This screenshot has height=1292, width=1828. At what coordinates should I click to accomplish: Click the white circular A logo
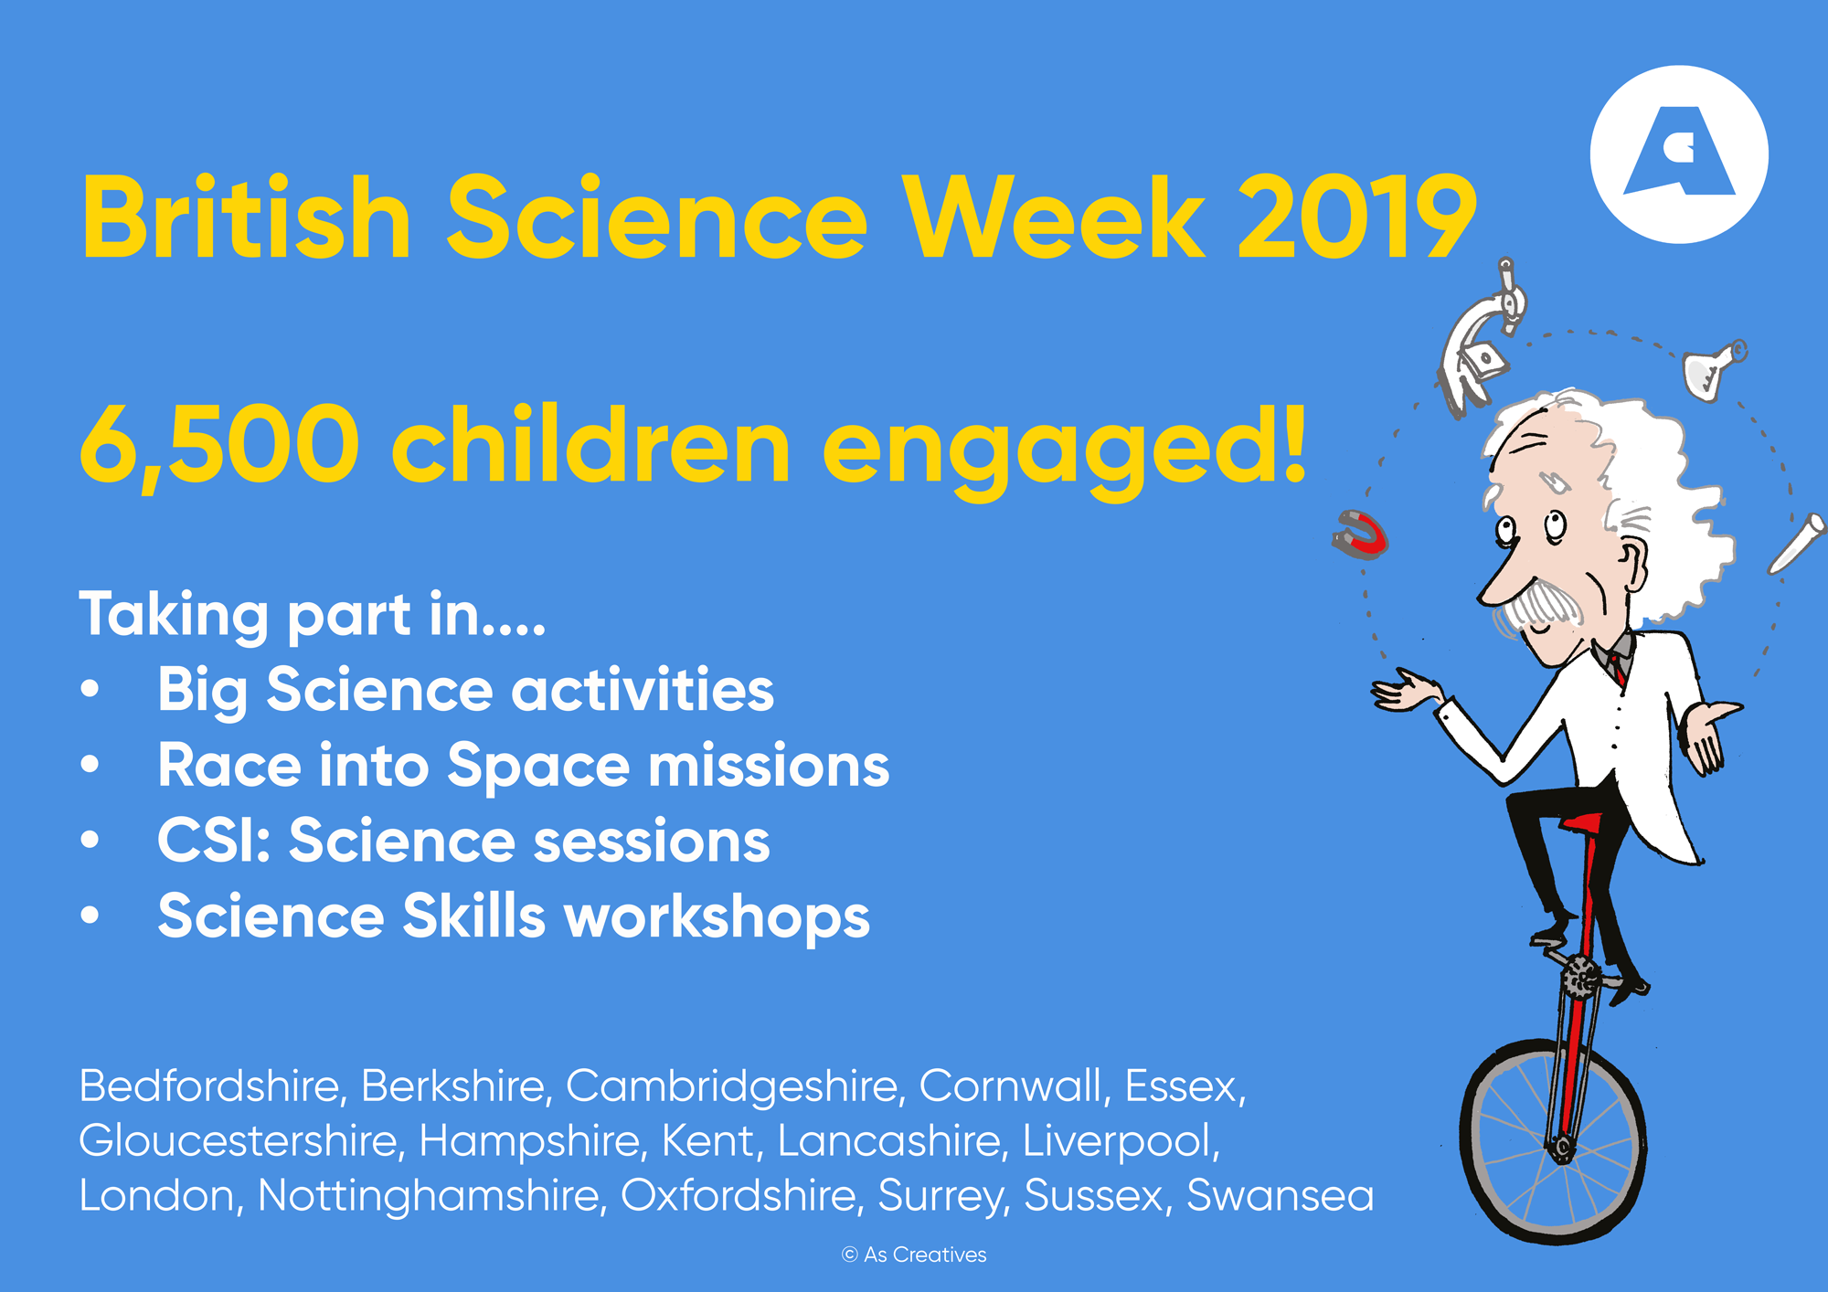tap(1679, 154)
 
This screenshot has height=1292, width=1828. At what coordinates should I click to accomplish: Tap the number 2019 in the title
tap(1356, 217)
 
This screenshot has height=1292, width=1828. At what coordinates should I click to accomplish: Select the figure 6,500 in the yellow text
tap(219, 446)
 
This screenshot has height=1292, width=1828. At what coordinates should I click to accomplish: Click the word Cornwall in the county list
tap(1015, 1086)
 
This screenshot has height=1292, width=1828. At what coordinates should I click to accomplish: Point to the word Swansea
tap(1280, 1196)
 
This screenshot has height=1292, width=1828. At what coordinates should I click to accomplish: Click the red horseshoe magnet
tap(1360, 535)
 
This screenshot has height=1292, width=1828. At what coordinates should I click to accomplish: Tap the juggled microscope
tap(1482, 339)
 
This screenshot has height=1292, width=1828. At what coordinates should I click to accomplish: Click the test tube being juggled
tap(1797, 544)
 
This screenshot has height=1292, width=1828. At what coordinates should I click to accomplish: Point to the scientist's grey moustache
tap(1542, 603)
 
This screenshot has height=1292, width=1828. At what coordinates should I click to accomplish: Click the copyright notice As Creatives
tap(914, 1255)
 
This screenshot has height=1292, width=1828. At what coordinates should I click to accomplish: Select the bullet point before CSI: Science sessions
tap(90, 840)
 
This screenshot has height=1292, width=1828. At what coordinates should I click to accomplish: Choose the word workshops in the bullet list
tap(717, 917)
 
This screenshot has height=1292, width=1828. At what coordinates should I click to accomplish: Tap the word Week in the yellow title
tap(1053, 217)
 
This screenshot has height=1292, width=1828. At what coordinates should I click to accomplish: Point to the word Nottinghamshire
tap(432, 1196)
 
